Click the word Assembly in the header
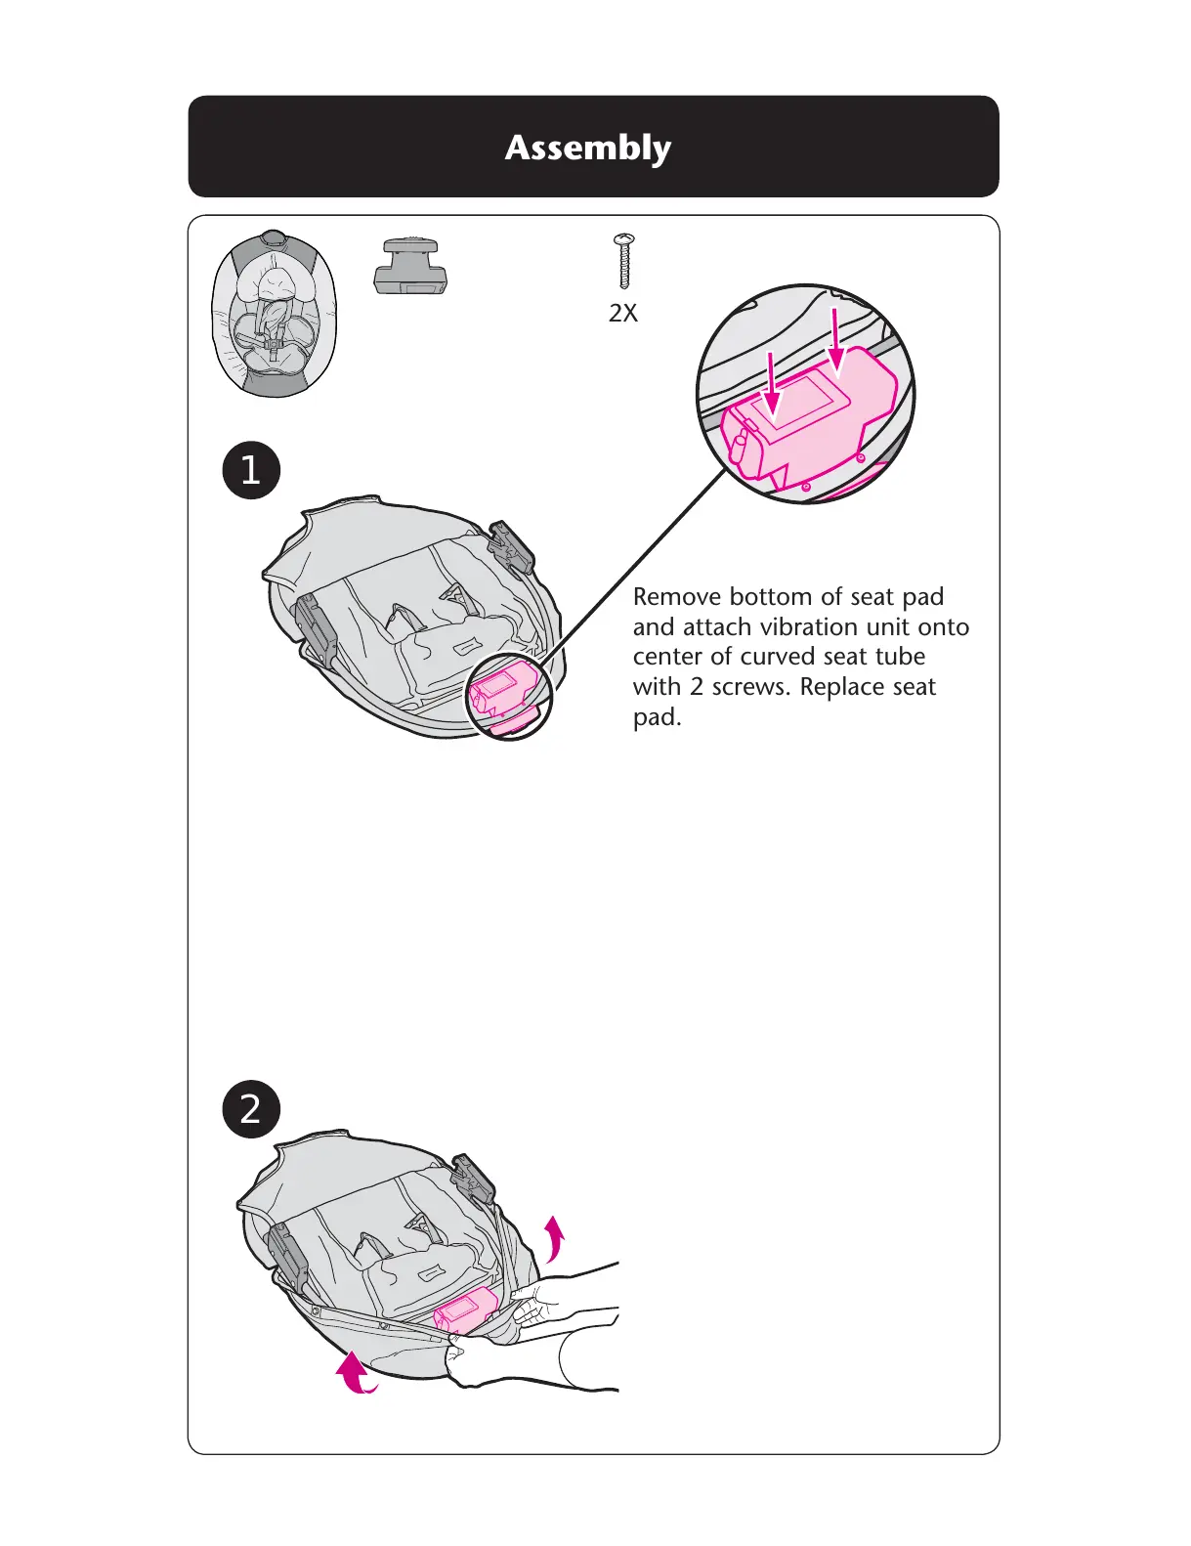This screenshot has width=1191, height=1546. tap(588, 148)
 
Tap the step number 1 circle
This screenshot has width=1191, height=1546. tap(251, 470)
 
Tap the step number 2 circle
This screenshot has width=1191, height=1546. tap(251, 1109)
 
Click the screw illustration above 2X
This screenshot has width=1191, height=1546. tap(623, 261)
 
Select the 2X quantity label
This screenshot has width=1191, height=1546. tap(623, 313)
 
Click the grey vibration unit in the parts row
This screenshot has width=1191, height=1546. tap(411, 266)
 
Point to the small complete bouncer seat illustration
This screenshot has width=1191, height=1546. tap(275, 314)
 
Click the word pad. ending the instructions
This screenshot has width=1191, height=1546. tap(657, 717)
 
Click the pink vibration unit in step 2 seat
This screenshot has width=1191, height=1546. tap(467, 1309)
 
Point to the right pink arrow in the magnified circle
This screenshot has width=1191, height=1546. tap(836, 341)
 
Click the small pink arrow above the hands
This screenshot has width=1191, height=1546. tap(555, 1236)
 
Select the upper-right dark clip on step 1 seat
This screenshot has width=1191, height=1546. tap(512, 546)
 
